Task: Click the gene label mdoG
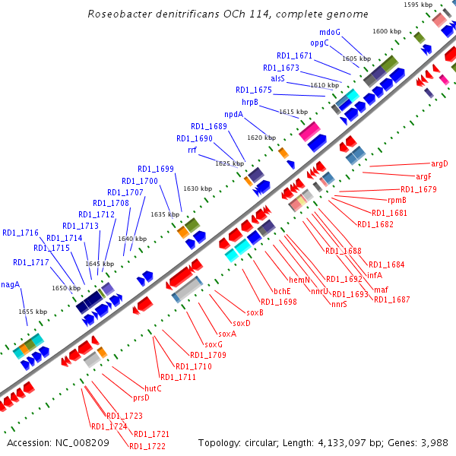(330, 32)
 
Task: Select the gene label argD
(439, 163)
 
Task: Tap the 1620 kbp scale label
(260, 138)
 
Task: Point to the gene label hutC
(153, 388)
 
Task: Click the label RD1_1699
(156, 169)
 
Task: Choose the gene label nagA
(10, 285)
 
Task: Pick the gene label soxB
(255, 312)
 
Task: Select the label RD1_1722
(147, 445)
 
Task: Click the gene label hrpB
(250, 102)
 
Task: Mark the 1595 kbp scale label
(418, 5)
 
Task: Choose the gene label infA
(375, 275)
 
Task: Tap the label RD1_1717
(30, 263)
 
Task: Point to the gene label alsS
(277, 78)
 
